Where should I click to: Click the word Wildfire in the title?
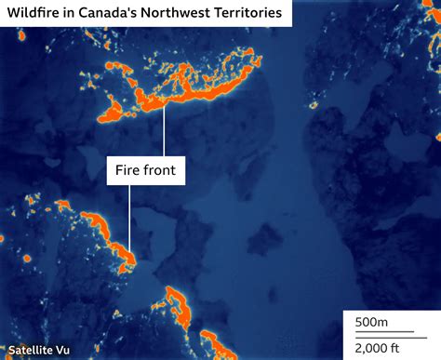pyautogui.click(x=36, y=15)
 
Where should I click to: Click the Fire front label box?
pyautogui.click(x=144, y=170)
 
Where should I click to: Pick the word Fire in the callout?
pyautogui.click(x=127, y=170)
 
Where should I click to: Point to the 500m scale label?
pyautogui.click(x=371, y=322)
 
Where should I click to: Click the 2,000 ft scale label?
pyautogui.click(x=376, y=347)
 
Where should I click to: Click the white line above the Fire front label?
pyautogui.click(x=165, y=130)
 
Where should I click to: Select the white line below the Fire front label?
pyautogui.click(x=130, y=219)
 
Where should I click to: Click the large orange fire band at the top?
pyautogui.click(x=186, y=88)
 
